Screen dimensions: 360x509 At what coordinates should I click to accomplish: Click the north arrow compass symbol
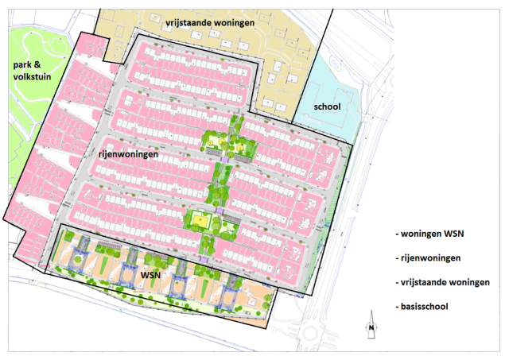[371, 325]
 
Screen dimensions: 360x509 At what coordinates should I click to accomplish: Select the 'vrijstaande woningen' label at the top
[210, 23]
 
